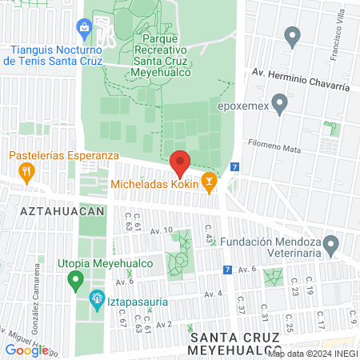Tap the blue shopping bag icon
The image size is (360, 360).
(84, 29)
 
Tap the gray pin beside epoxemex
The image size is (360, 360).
(280, 103)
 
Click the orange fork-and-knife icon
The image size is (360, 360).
(26, 170)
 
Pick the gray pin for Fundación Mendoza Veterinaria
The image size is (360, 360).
(338, 242)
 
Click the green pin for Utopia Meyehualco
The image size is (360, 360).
(77, 280)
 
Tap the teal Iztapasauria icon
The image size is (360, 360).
(95, 301)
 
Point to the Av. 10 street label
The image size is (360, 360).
(161, 230)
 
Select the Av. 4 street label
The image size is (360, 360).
(212, 294)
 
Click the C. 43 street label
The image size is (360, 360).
(209, 238)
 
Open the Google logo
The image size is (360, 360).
(26, 350)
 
